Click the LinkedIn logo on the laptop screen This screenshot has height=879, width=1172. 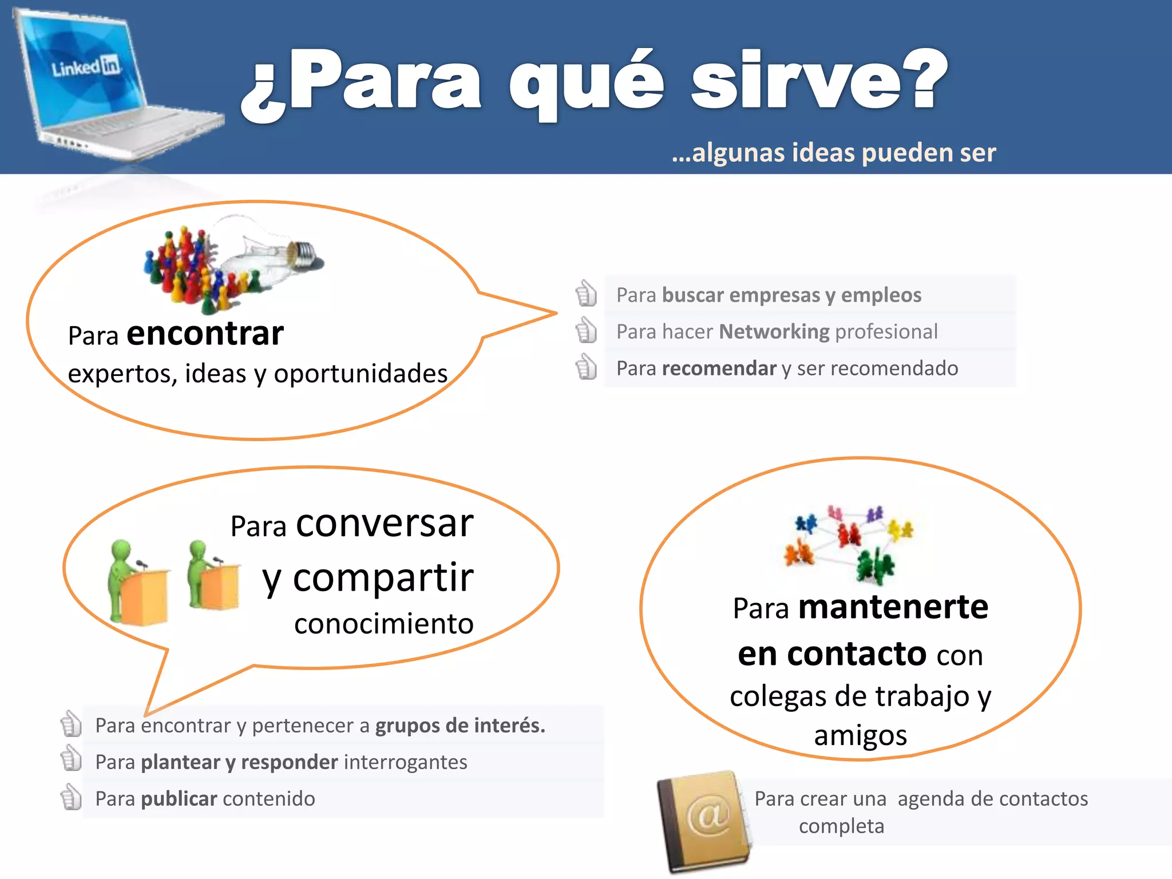point(86,67)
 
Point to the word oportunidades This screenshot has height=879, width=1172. point(361,374)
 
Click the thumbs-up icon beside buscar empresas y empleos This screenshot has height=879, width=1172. point(586,294)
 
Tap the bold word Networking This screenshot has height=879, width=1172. point(774,331)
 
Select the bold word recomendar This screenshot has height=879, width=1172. point(719,368)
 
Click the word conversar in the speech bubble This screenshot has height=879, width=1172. point(385,523)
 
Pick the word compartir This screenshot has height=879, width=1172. point(383,577)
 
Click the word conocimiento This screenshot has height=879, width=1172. point(383,624)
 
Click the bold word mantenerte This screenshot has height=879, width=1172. point(893,607)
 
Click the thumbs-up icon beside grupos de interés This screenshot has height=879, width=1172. point(71,724)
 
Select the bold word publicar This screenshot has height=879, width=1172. point(179,798)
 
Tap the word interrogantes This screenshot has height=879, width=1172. point(406,762)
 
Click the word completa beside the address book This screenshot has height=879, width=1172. point(841,826)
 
